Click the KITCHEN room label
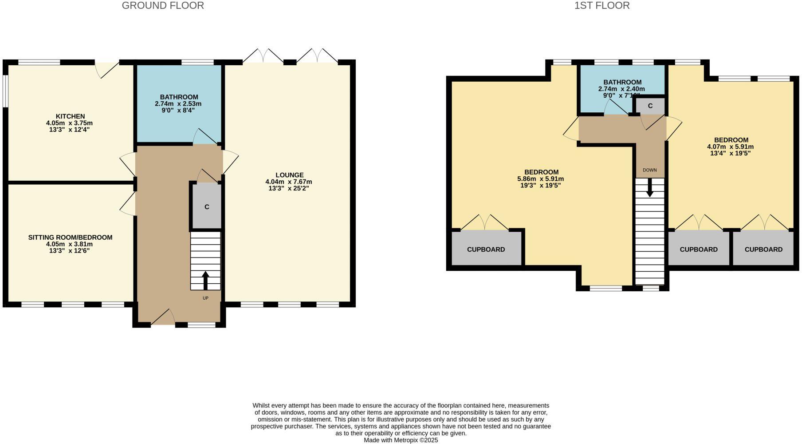(x=70, y=116)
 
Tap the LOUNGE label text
(x=289, y=175)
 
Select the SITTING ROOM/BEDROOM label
(x=70, y=238)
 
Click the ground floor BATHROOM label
(x=179, y=97)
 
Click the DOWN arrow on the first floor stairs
(x=650, y=187)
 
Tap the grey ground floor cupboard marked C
(x=207, y=207)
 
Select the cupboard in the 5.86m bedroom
(x=486, y=249)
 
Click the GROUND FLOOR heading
(x=163, y=6)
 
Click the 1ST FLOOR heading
(x=601, y=6)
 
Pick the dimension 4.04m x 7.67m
(x=289, y=182)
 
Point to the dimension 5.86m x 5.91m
(x=540, y=179)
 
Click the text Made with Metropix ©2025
(x=401, y=440)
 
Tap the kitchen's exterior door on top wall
(x=108, y=69)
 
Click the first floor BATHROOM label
(x=622, y=82)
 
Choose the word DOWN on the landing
(x=650, y=170)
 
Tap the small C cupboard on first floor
(x=650, y=106)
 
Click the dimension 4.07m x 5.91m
(x=730, y=147)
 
